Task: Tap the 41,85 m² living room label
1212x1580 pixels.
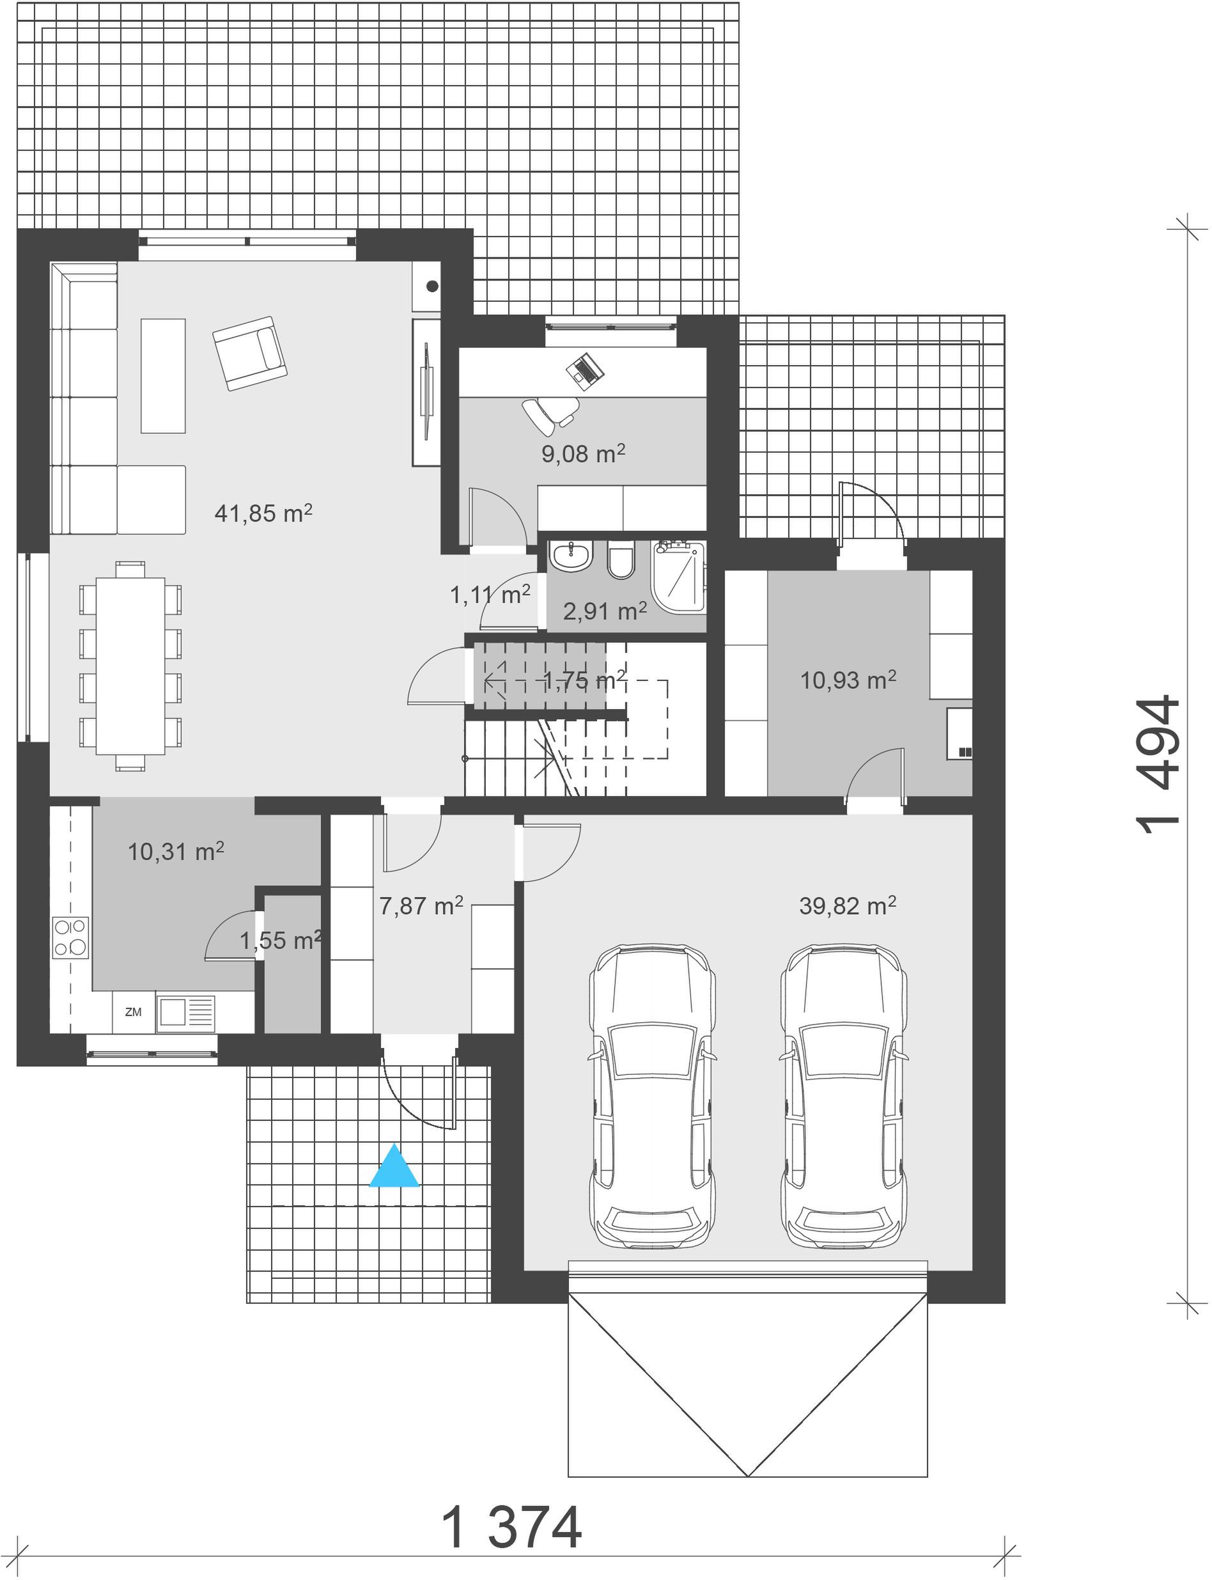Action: [x=263, y=513]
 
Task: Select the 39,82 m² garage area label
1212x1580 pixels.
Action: [x=847, y=905]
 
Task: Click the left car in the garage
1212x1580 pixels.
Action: [x=653, y=1096]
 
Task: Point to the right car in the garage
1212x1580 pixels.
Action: [x=844, y=1096]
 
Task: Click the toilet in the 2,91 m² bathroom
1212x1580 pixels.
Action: [x=621, y=559]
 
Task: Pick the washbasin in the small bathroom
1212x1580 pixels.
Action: [x=571, y=557]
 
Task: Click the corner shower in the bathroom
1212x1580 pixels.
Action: [x=678, y=577]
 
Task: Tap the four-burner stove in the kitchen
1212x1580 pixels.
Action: [x=70, y=938]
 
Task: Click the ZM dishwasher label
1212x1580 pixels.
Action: [x=134, y=1012]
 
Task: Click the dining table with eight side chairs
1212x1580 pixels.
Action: [x=130, y=665]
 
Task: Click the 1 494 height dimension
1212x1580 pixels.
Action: [x=1158, y=765]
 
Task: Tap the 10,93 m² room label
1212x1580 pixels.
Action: [x=848, y=680]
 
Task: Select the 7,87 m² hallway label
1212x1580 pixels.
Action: [x=421, y=905]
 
